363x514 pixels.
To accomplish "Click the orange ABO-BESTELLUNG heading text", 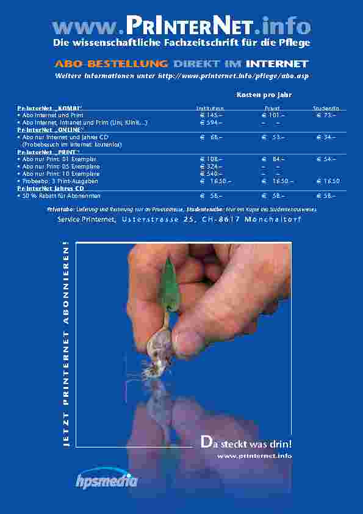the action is pyautogui.click(x=112, y=63).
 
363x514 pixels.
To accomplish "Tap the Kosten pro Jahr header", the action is pyautogui.click(x=264, y=95).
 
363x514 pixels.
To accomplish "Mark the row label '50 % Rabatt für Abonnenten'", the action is pyautogui.click(x=61, y=196).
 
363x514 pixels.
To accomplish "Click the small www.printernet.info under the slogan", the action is pyautogui.click(x=254, y=456).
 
